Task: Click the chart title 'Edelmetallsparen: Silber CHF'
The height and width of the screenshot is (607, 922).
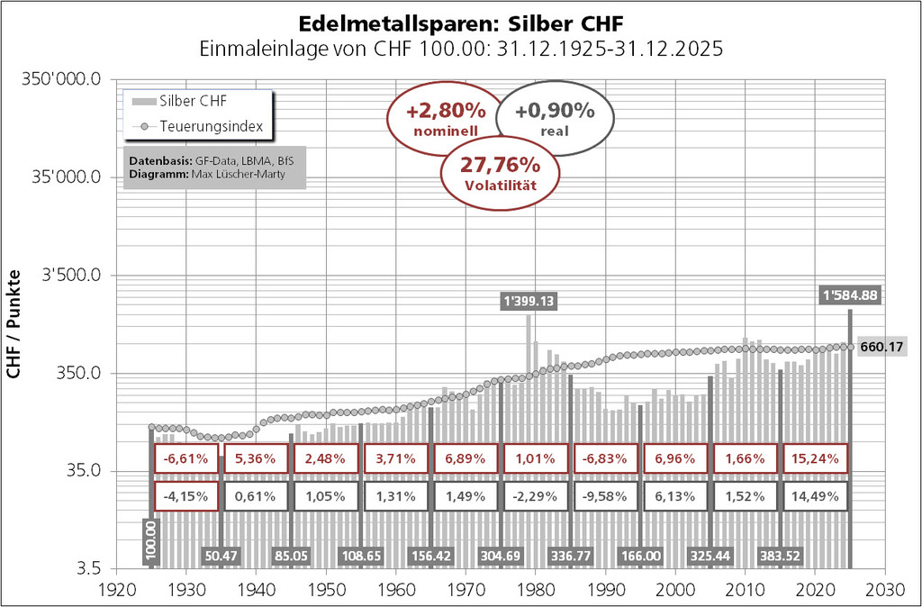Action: click(460, 20)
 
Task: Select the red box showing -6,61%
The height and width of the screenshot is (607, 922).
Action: click(186, 458)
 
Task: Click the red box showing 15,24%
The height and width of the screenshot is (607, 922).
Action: click(815, 458)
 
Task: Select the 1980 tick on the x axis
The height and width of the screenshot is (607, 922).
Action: click(535, 584)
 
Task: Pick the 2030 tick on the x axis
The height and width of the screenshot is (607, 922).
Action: click(884, 584)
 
